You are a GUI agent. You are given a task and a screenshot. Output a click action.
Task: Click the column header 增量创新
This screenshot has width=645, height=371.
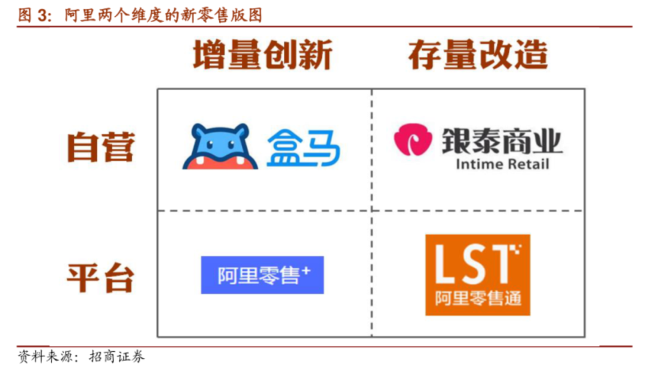(x=262, y=55)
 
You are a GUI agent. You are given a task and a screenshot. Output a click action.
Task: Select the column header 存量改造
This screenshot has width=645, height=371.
(x=478, y=55)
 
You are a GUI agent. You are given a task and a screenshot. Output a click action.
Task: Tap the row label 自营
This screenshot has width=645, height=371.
(x=101, y=147)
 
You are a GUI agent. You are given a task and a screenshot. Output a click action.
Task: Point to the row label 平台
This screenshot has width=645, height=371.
(x=101, y=278)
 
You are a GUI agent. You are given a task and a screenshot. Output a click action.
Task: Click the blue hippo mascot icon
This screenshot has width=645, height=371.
(x=220, y=146)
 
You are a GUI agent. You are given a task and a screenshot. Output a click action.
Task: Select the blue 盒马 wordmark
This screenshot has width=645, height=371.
(x=303, y=147)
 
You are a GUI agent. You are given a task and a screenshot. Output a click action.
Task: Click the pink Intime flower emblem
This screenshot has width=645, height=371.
(x=413, y=140)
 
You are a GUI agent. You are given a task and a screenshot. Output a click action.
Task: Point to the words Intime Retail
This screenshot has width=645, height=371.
(x=502, y=165)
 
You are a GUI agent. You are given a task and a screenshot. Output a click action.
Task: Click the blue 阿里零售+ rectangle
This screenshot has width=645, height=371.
(x=262, y=275)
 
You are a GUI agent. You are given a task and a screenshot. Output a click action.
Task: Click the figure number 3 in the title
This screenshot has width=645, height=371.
(x=42, y=16)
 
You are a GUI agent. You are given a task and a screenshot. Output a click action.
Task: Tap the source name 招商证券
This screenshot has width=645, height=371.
(x=117, y=356)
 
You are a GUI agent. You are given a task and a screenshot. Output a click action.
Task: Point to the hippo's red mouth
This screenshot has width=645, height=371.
(x=220, y=163)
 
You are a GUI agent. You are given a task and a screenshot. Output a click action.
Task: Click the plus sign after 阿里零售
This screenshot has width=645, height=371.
(x=306, y=271)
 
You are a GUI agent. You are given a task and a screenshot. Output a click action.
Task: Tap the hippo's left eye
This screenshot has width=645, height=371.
(x=210, y=144)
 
